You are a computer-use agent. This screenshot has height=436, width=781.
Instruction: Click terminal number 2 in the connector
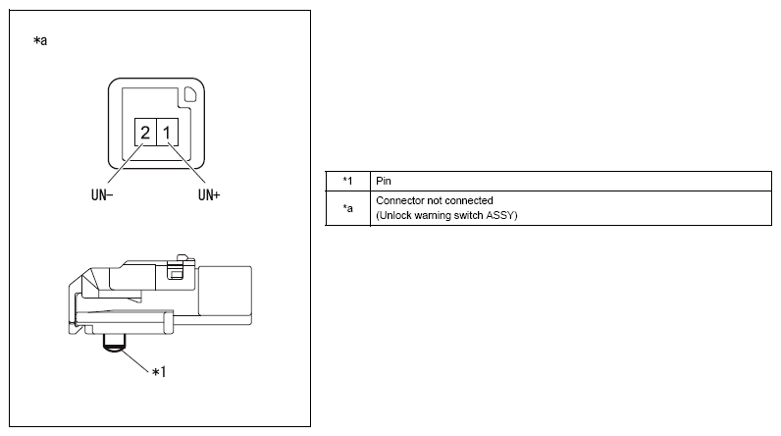point(145,132)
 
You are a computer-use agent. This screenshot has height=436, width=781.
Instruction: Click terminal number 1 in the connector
point(168,132)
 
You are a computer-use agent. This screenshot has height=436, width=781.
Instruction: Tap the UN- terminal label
point(102,194)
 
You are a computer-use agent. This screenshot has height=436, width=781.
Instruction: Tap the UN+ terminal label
point(209,194)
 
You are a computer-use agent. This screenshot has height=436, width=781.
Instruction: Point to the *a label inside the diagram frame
point(40,40)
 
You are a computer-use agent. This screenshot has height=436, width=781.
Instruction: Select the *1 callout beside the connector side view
point(159,372)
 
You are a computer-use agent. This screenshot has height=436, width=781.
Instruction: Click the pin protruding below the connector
point(115,343)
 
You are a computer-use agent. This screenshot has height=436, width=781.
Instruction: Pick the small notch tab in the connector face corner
point(190,94)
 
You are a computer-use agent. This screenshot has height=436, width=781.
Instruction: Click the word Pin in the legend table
point(384,181)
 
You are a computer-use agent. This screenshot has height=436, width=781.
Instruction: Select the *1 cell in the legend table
point(347,181)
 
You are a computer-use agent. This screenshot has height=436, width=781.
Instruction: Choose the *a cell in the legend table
point(347,208)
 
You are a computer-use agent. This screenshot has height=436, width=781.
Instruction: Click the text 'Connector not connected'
point(435,200)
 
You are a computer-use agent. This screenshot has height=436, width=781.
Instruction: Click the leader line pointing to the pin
point(135,360)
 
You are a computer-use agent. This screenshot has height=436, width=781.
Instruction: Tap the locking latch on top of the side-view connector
point(176,268)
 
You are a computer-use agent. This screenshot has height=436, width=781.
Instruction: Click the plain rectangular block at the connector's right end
point(225,291)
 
